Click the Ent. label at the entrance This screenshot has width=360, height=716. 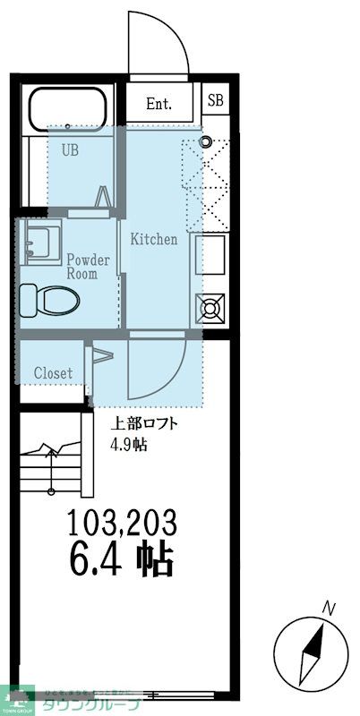coord(159,104)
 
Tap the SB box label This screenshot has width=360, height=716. coord(216,100)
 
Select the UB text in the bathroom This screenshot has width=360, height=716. coord(70,150)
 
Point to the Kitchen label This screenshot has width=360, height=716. coord(154,240)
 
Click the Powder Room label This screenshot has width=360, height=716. coord(88,267)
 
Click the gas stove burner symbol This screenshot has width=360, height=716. coord(212,309)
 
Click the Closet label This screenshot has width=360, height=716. coord(53,372)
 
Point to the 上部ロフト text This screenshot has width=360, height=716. coord(138,425)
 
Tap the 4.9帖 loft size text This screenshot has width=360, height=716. coord(128,446)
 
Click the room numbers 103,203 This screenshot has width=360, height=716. coord(122,521)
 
